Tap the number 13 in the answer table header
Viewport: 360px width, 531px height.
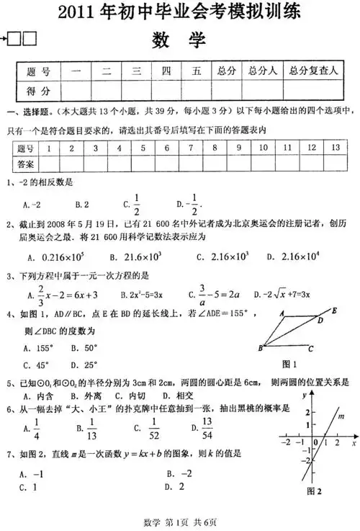[x=335, y=147]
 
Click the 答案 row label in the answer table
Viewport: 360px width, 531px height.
[x=25, y=163]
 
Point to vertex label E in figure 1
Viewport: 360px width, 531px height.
[x=336, y=311]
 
